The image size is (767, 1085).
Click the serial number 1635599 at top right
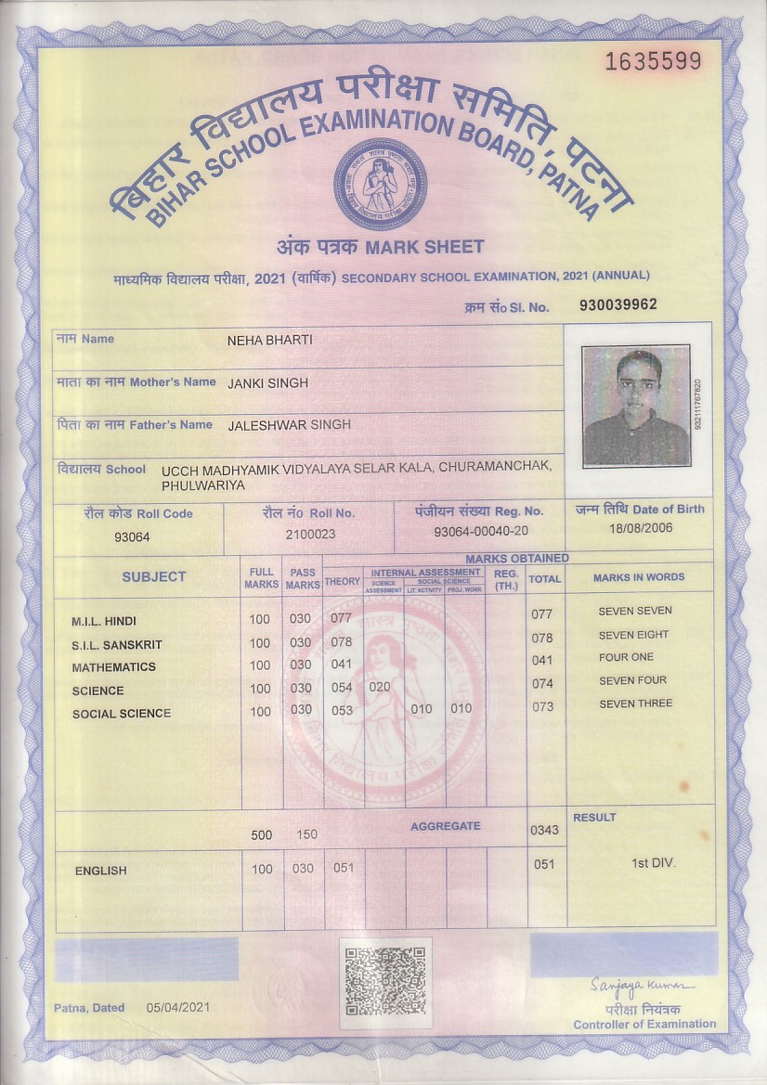click(653, 62)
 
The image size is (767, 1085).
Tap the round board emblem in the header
click(381, 183)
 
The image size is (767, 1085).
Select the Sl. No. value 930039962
click(617, 304)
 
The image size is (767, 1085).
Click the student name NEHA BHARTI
click(270, 341)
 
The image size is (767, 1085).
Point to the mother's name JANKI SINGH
click(267, 382)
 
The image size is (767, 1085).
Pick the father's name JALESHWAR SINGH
click(289, 424)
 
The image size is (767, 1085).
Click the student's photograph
click(636, 406)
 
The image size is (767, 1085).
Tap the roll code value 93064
click(132, 536)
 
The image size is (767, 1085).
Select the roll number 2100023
click(310, 534)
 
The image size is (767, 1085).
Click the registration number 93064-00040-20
click(481, 531)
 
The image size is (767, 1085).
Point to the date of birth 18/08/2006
click(640, 528)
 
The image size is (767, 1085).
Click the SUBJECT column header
click(154, 576)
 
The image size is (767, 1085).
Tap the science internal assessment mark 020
click(380, 688)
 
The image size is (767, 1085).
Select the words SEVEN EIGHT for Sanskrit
click(634, 635)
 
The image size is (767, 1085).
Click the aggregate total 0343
click(544, 830)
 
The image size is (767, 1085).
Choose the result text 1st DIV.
click(654, 863)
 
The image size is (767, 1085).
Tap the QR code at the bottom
click(385, 981)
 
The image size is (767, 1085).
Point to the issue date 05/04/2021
click(179, 1008)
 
